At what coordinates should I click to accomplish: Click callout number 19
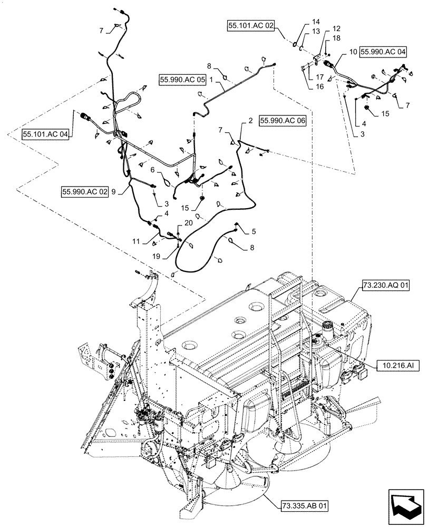(170, 256)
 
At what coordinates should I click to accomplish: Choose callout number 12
(336, 29)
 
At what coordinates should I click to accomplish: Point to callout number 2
(244, 121)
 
